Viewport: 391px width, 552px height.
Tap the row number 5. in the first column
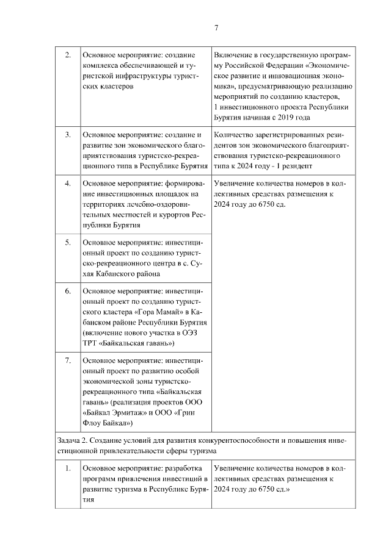tap(68, 243)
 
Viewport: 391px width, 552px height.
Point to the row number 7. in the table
tap(68, 360)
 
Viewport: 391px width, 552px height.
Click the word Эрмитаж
tap(136, 411)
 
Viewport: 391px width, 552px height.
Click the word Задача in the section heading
tap(70, 440)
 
